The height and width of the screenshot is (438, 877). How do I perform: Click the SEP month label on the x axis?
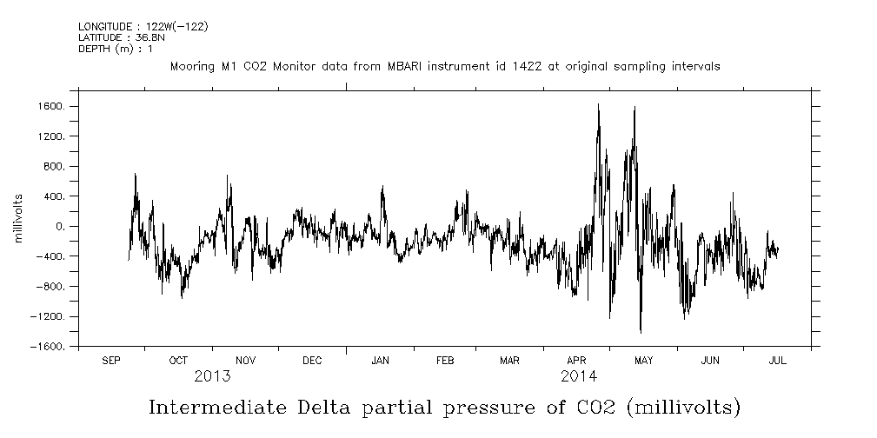111,361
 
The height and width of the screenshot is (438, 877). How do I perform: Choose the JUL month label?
777,361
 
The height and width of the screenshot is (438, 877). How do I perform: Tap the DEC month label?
312,361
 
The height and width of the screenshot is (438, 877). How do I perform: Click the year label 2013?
212,376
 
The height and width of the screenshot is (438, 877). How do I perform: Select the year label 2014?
578,376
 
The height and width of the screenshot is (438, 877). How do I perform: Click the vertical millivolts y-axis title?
18,217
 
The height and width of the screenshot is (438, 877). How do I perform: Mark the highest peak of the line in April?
598,103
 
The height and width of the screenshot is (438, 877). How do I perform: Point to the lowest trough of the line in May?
641,333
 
